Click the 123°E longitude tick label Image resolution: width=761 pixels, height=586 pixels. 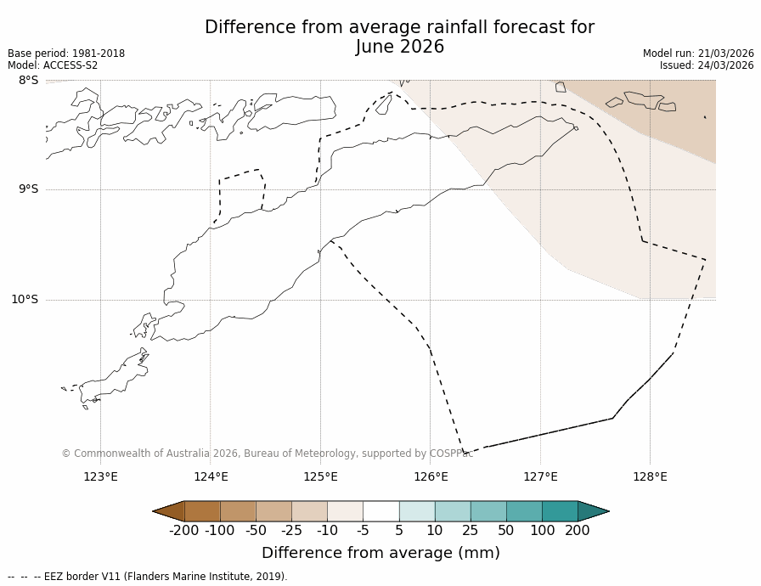[100, 476]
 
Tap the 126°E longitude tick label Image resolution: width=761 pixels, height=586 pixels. [431, 476]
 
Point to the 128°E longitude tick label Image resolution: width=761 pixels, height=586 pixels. [650, 476]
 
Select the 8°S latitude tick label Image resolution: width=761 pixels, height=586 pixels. [28, 81]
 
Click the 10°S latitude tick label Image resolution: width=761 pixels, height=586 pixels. [25, 299]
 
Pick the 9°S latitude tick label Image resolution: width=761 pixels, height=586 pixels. [28, 189]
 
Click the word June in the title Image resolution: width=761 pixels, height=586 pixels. [375, 48]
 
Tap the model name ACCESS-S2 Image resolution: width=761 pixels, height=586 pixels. [70, 65]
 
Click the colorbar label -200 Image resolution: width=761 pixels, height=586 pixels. [183, 531]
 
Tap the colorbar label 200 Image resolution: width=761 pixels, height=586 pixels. [578, 531]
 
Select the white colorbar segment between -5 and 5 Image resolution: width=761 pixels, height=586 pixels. [381, 511]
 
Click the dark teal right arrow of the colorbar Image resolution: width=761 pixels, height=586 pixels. [592, 511]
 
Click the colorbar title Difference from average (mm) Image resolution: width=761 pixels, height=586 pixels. [380, 554]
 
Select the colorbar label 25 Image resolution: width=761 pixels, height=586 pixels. [470, 531]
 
